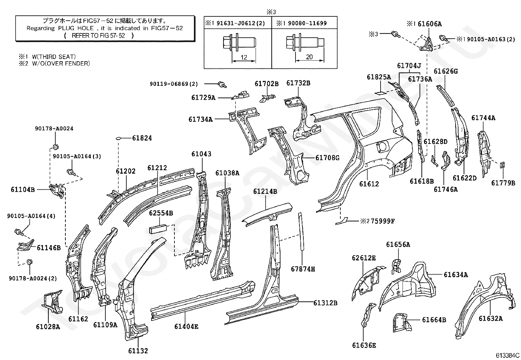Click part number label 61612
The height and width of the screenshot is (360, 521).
369,184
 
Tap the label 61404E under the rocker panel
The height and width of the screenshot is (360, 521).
186,327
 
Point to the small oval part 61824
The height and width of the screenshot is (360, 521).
118,139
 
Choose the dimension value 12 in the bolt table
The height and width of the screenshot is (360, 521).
244,57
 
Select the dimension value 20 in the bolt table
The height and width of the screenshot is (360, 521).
309,57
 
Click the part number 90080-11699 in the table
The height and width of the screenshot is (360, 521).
307,23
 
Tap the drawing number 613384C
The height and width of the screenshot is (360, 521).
508,355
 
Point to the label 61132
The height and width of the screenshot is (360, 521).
138,351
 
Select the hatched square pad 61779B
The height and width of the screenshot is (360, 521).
502,165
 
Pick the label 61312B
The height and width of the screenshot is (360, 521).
325,303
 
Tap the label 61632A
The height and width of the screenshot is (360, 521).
491,318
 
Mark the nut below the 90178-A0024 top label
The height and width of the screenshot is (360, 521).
55,147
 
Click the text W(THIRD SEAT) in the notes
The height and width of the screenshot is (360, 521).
54,57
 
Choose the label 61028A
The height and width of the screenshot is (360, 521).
48,327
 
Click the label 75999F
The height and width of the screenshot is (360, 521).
383,221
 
